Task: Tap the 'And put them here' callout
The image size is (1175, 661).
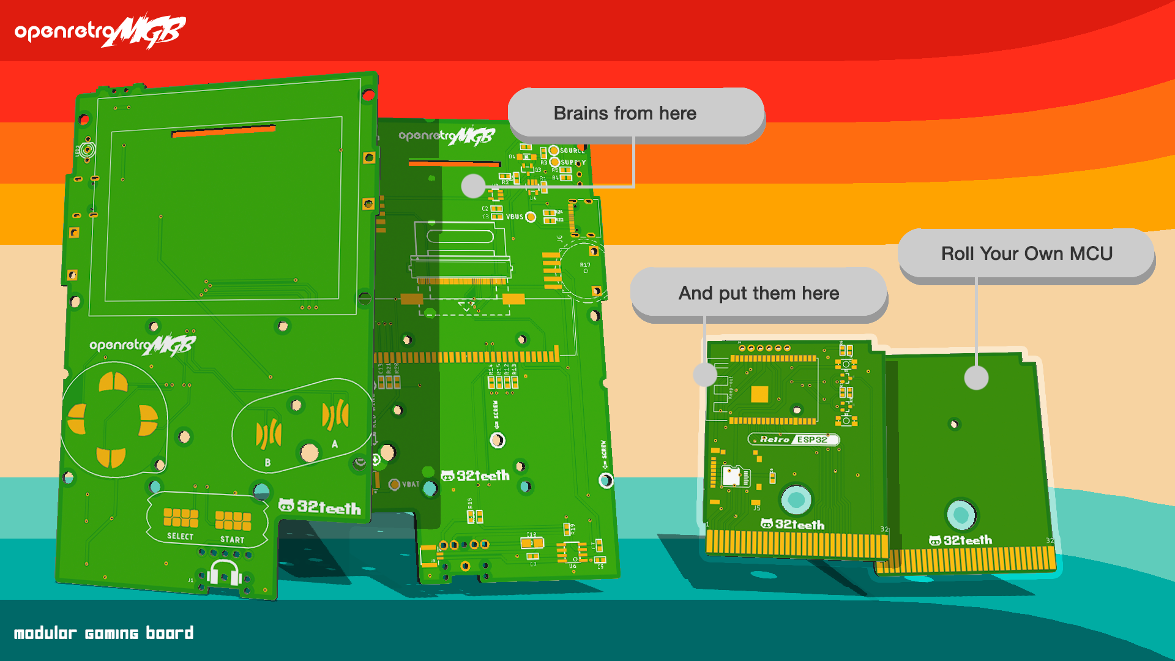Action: (x=758, y=293)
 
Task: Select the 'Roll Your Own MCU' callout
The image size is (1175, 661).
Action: (x=1026, y=253)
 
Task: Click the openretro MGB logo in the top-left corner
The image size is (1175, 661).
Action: (x=100, y=31)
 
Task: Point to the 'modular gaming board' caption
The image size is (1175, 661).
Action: (x=103, y=633)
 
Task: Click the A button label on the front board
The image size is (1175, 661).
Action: (x=335, y=444)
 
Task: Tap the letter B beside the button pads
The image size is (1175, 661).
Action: (x=267, y=463)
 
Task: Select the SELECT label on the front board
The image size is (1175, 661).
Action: (x=180, y=536)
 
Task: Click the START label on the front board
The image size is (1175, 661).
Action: (x=232, y=539)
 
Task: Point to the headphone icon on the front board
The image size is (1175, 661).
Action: (x=224, y=573)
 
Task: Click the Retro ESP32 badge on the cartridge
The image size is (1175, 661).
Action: (x=794, y=439)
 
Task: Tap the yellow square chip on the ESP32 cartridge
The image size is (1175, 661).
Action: (x=759, y=394)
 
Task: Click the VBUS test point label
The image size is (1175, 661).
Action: (x=515, y=217)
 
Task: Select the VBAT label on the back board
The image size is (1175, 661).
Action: (x=411, y=484)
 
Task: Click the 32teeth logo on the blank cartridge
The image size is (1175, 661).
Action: (x=960, y=540)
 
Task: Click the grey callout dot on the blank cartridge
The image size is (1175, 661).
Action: (x=976, y=378)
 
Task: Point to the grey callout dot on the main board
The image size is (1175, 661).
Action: (x=473, y=185)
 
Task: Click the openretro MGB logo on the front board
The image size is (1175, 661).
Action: (x=143, y=345)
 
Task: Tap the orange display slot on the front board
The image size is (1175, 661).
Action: (x=223, y=131)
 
